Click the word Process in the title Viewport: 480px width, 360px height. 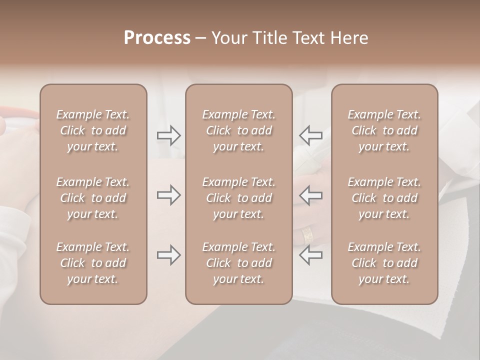pyautogui.click(x=157, y=38)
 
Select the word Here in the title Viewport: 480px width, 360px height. pyautogui.click(x=350, y=38)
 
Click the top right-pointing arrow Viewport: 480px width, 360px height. pyautogui.click(x=168, y=135)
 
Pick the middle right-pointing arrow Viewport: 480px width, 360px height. pyautogui.click(x=168, y=195)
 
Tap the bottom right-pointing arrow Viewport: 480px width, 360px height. pyautogui.click(x=168, y=255)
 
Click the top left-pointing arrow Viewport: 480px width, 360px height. pyautogui.click(x=310, y=135)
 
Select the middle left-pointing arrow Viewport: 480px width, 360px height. pyautogui.click(x=310, y=195)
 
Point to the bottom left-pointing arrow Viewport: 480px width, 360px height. pyautogui.click(x=310, y=255)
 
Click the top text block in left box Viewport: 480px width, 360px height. pyautogui.click(x=93, y=130)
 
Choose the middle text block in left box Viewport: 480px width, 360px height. pyautogui.click(x=93, y=198)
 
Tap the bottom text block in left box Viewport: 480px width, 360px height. pyautogui.click(x=93, y=263)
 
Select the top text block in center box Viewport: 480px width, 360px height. pyautogui.click(x=238, y=130)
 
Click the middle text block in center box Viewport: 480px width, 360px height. pyautogui.click(x=238, y=198)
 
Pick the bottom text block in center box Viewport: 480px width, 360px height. pyautogui.click(x=238, y=263)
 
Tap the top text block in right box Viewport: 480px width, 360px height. pyautogui.click(x=384, y=130)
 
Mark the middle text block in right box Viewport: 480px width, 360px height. pyautogui.click(x=384, y=198)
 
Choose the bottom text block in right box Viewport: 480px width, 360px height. pyautogui.click(x=384, y=263)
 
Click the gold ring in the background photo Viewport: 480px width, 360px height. pyautogui.click(x=307, y=234)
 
